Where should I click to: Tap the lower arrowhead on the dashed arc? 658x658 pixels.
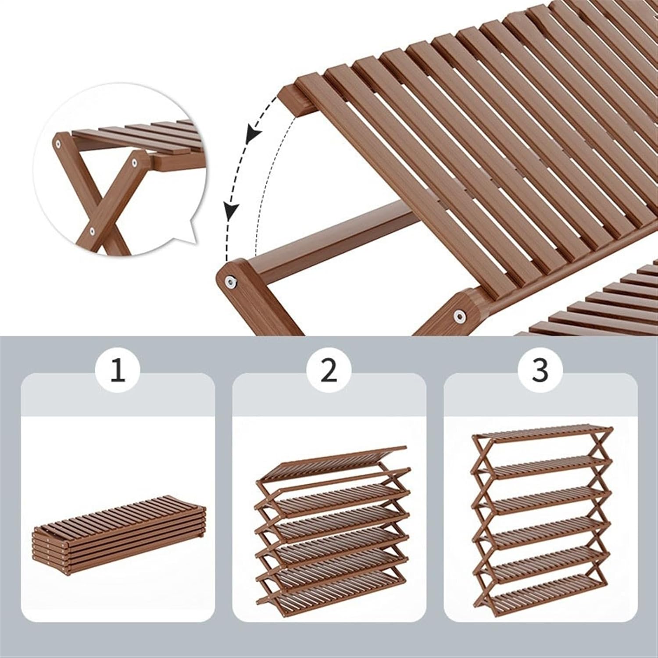(231, 210)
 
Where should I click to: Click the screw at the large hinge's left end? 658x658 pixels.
(229, 280)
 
